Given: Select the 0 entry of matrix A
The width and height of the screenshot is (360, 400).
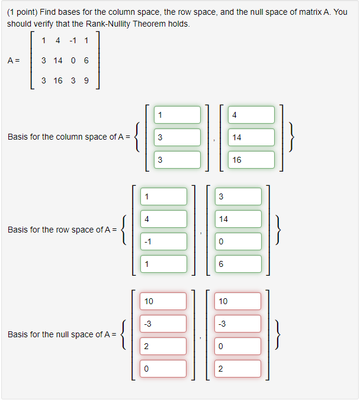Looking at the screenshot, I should pyautogui.click(x=73, y=60).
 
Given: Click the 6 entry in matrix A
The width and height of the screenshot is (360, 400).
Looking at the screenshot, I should pyautogui.click(x=86, y=60).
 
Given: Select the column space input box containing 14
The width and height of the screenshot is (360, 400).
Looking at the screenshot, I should pyautogui.click(x=252, y=137).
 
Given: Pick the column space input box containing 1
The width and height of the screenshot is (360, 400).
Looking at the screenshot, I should pyautogui.click(x=178, y=115).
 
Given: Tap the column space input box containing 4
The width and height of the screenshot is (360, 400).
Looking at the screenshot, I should pyautogui.click(x=252, y=115).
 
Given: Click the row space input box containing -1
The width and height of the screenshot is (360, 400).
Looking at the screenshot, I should pyautogui.click(x=164, y=241).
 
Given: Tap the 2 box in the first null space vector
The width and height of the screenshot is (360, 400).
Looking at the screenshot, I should pyautogui.click(x=164, y=346).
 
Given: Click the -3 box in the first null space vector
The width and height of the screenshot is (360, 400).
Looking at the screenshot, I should pyautogui.click(x=164, y=324).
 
